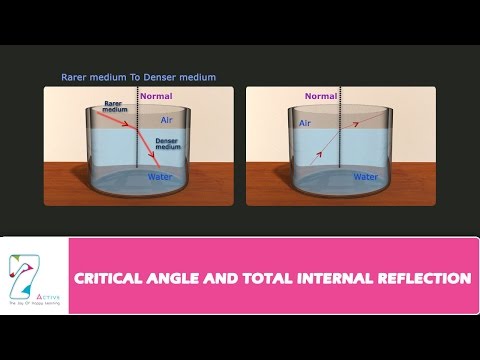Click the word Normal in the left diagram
pos(157,97)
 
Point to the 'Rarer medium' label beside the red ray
pos(116,106)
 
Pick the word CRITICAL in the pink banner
pos(112,277)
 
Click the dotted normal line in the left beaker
pos(137,150)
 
